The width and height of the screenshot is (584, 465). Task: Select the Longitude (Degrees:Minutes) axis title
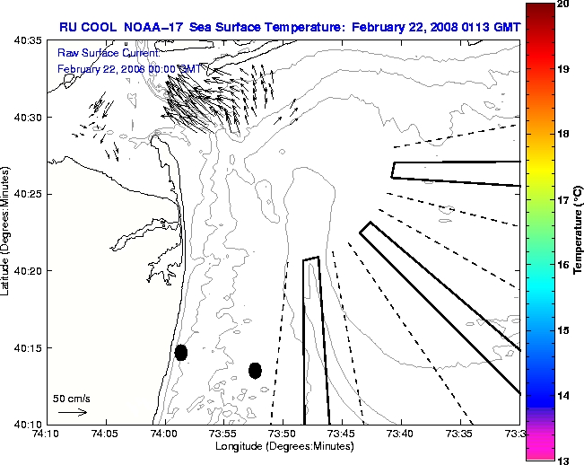[282, 445]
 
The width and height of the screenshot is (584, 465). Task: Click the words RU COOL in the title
[83, 27]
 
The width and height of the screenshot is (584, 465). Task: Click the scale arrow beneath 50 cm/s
[72, 412]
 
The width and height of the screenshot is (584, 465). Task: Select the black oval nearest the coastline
[181, 353]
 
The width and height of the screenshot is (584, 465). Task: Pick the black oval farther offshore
[255, 370]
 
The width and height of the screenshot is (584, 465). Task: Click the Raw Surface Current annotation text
[109, 54]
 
